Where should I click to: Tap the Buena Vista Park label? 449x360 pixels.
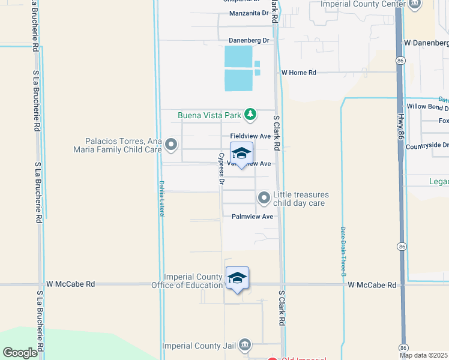click(209, 115)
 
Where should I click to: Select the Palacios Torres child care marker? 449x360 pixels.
click(172, 144)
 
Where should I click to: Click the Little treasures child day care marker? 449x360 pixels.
click(264, 197)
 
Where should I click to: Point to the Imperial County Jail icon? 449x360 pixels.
click(244, 345)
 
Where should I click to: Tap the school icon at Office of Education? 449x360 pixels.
click(238, 277)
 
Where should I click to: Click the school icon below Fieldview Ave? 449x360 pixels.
click(241, 153)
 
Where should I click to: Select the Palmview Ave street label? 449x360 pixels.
click(252, 217)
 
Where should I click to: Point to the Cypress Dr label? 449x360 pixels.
click(221, 169)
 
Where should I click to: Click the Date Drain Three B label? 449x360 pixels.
click(343, 252)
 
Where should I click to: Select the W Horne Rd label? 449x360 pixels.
click(299, 73)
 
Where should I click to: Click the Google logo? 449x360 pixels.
click(20, 353)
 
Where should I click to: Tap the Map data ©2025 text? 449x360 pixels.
click(424, 355)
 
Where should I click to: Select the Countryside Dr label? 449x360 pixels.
click(427, 145)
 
